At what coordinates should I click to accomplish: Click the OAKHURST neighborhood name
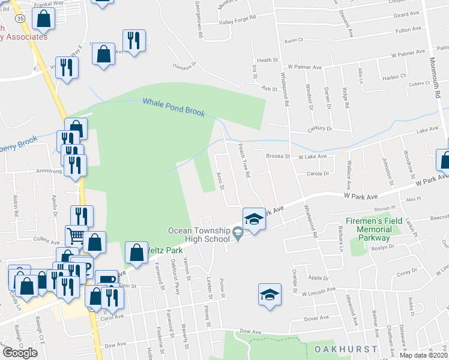click(x=345, y=349)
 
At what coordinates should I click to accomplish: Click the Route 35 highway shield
click(x=20, y=19)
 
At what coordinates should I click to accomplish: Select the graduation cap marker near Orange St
click(x=270, y=295)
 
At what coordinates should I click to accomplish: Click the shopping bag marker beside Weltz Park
click(x=137, y=253)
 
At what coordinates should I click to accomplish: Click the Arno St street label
click(x=221, y=179)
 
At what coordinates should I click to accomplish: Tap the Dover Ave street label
click(x=316, y=318)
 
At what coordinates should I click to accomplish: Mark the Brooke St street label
click(x=279, y=156)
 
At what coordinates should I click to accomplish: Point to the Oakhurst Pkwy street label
click(x=175, y=271)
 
